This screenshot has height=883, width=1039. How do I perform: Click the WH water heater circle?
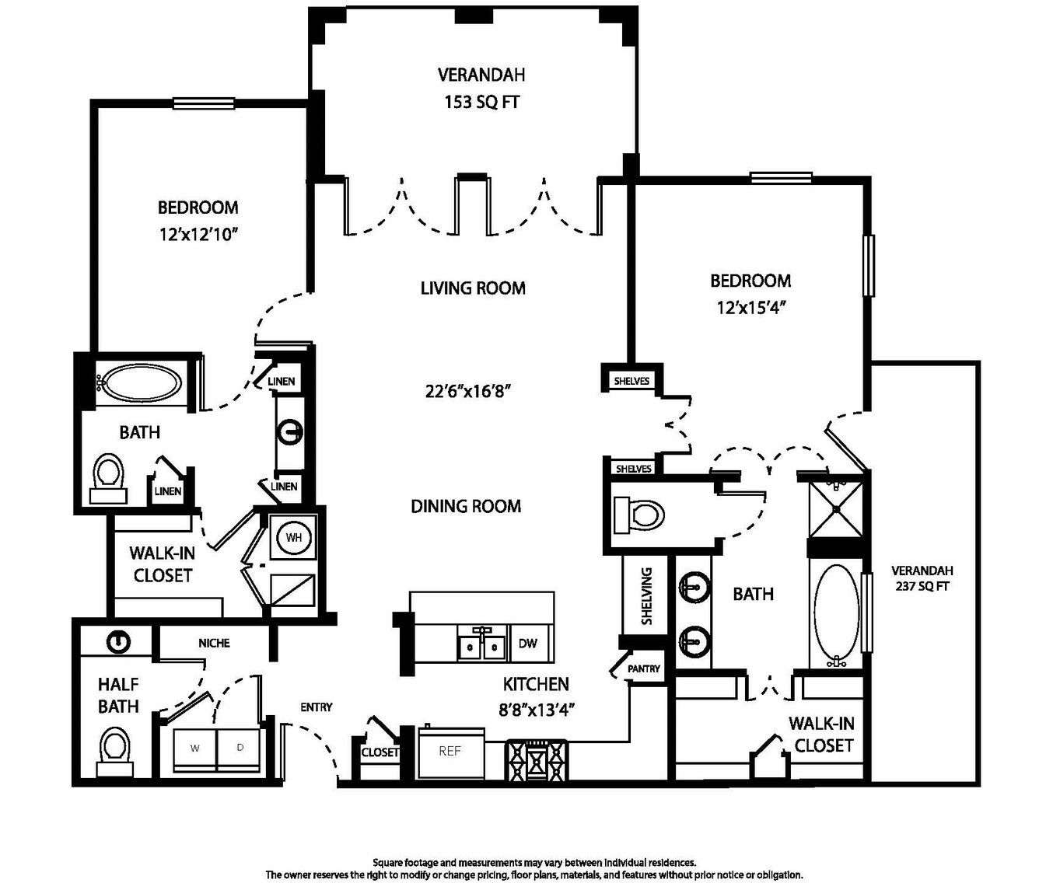pyautogui.click(x=293, y=537)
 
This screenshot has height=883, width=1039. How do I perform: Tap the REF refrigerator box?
pyautogui.click(x=451, y=753)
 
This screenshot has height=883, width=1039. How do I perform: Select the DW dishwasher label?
pyautogui.click(x=528, y=644)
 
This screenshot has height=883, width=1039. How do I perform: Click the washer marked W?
pyautogui.click(x=195, y=749)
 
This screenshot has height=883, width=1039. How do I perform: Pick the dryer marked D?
pyautogui.click(x=239, y=749)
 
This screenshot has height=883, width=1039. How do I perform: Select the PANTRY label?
pyautogui.click(x=643, y=669)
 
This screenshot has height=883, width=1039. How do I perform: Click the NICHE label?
pyautogui.click(x=214, y=644)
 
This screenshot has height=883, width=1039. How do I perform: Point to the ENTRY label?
pyautogui.click(x=317, y=707)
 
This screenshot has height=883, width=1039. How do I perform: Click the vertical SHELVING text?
pyautogui.click(x=646, y=596)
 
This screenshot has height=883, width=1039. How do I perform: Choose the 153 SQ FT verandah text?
pyautogui.click(x=481, y=103)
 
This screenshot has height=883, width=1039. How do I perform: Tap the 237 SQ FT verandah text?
pyautogui.click(x=922, y=586)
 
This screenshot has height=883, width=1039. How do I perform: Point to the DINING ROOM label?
pyautogui.click(x=466, y=506)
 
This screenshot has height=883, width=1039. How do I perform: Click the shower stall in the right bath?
pyautogui.click(x=837, y=509)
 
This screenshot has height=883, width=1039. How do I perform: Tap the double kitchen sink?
pyautogui.click(x=481, y=644)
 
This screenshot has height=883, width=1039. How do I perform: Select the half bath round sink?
pyautogui.click(x=119, y=641)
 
